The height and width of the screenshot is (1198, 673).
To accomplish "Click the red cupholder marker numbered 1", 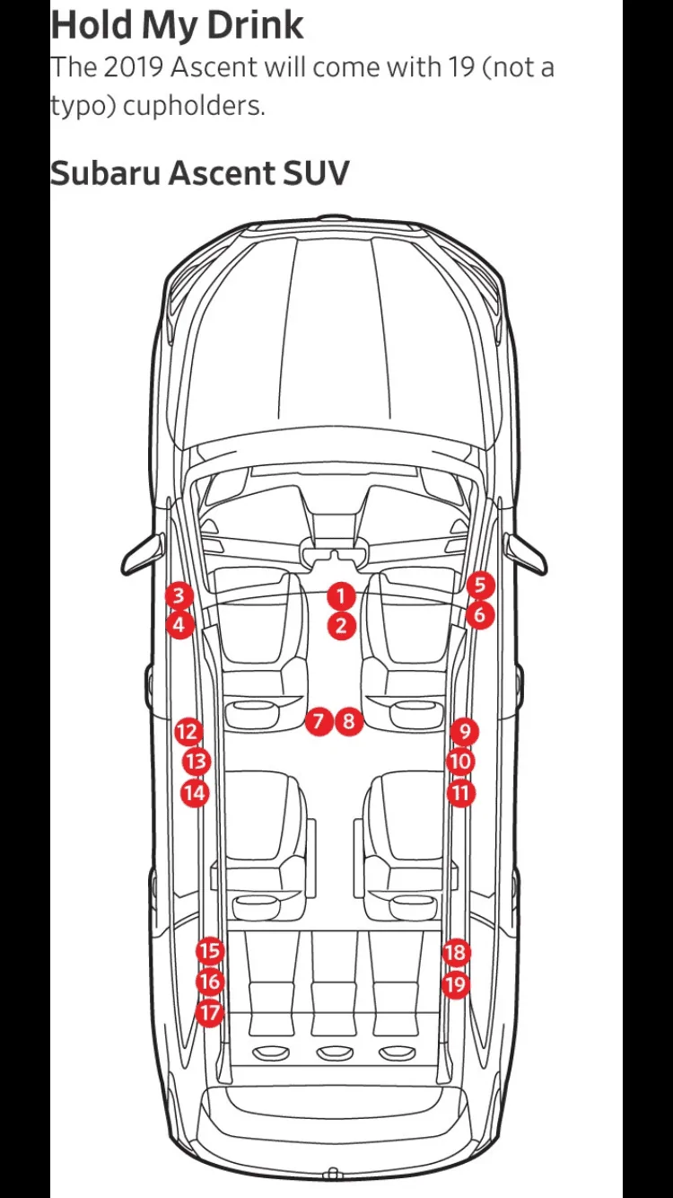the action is (x=341, y=595).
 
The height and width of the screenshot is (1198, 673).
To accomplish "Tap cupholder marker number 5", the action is (x=480, y=586).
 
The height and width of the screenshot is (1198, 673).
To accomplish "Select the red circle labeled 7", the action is (x=319, y=721).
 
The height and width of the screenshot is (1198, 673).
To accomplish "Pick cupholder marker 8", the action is (x=348, y=721).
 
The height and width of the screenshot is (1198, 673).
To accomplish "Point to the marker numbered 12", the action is (x=188, y=732).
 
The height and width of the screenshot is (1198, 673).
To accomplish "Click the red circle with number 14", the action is (x=195, y=793).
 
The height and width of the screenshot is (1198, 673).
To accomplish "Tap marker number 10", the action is (x=461, y=762).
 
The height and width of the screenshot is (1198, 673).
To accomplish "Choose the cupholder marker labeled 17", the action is (x=210, y=1012).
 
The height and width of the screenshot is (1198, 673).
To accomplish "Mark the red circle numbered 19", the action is (x=456, y=983).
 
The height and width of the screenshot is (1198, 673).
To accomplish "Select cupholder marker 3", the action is (x=179, y=595).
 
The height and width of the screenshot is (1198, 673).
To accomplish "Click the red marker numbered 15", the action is (x=210, y=951).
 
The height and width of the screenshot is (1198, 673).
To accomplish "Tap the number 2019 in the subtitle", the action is (x=133, y=67).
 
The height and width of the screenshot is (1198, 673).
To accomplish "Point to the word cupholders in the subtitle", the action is (x=194, y=106).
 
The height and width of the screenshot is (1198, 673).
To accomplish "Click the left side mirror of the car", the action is (x=143, y=553).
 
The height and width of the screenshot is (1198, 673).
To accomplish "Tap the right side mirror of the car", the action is (x=526, y=553).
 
